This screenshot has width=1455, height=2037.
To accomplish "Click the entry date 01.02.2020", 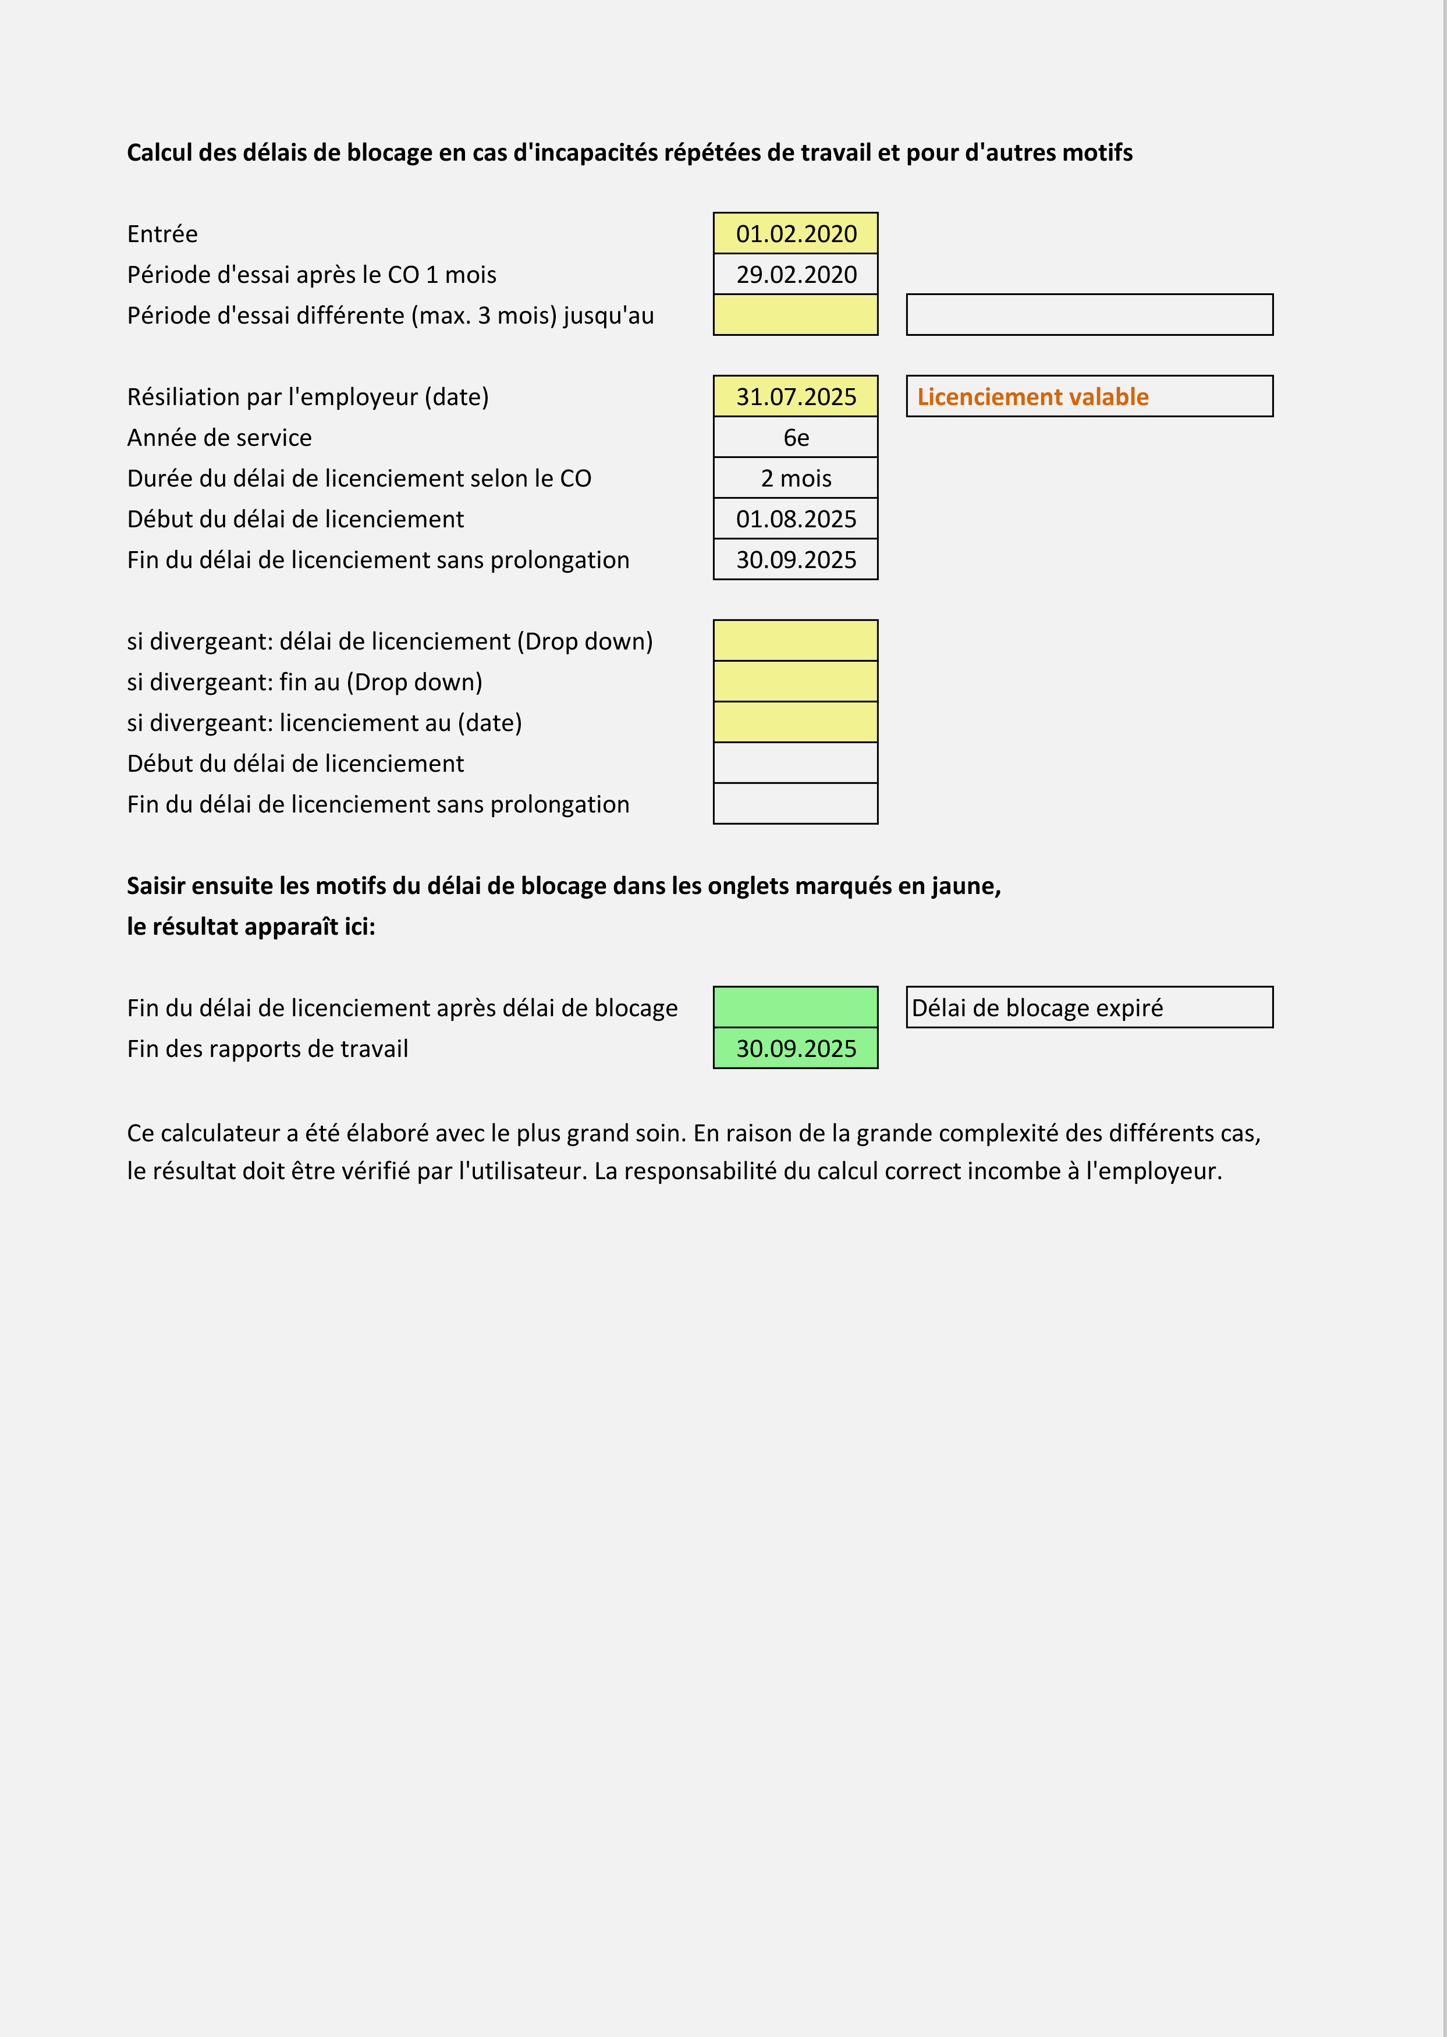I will coord(796,234).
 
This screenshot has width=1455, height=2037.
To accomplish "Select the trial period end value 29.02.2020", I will coord(796,275).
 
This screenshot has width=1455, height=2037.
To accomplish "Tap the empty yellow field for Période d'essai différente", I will coord(796,315).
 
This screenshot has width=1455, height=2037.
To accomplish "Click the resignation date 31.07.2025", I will coord(796,397).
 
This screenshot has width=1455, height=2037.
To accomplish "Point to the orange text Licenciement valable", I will coord(1032,397).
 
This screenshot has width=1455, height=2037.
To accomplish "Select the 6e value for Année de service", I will coord(796,438).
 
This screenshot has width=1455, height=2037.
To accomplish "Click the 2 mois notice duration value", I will coord(796,478).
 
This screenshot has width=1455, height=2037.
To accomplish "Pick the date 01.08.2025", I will coord(796,520).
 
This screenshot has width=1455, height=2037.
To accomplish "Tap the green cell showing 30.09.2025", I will coord(796,1049).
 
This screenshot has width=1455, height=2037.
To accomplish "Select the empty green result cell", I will coord(796,1008).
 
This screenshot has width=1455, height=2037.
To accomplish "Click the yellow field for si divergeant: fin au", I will coord(796,682).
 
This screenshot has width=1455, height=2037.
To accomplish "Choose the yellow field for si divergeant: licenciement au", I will coord(796,723).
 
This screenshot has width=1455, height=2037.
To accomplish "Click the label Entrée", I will coord(162,235).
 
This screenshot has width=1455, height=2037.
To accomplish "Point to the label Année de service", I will coord(219,438).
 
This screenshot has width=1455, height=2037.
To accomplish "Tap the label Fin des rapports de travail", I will coord(267,1049).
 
